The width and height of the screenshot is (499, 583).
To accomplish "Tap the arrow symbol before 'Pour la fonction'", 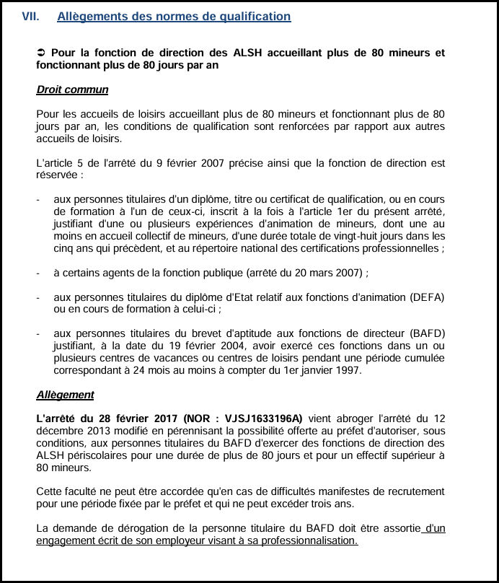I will click(41, 53).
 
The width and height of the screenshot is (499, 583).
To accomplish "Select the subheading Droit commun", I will click(72, 90).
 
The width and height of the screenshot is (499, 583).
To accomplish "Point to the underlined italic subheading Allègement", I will click(65, 395).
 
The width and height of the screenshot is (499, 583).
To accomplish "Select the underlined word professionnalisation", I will click(304, 540).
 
